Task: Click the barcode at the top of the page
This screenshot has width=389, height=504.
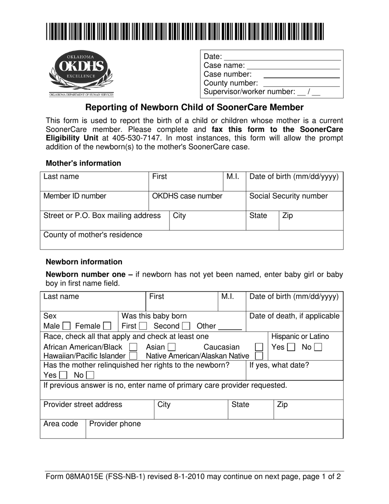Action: point(185,32)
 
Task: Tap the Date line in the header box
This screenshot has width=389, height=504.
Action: point(283,57)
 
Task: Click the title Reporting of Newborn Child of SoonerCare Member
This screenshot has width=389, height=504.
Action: point(194,108)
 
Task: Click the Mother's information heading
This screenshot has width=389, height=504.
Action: point(84,163)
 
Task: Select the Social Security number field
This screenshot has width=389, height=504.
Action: point(294,201)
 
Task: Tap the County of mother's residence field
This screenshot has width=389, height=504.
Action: point(192,240)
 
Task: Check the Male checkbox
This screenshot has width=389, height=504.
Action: point(67,327)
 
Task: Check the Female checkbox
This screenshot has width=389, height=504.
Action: point(107,327)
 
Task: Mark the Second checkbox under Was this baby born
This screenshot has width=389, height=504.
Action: point(186,327)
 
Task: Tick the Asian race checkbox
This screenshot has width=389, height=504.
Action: point(171,347)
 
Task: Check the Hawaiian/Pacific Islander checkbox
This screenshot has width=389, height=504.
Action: point(133,356)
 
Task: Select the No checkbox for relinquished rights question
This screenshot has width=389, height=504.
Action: point(90,375)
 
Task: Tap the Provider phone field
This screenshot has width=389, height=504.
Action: point(214,429)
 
